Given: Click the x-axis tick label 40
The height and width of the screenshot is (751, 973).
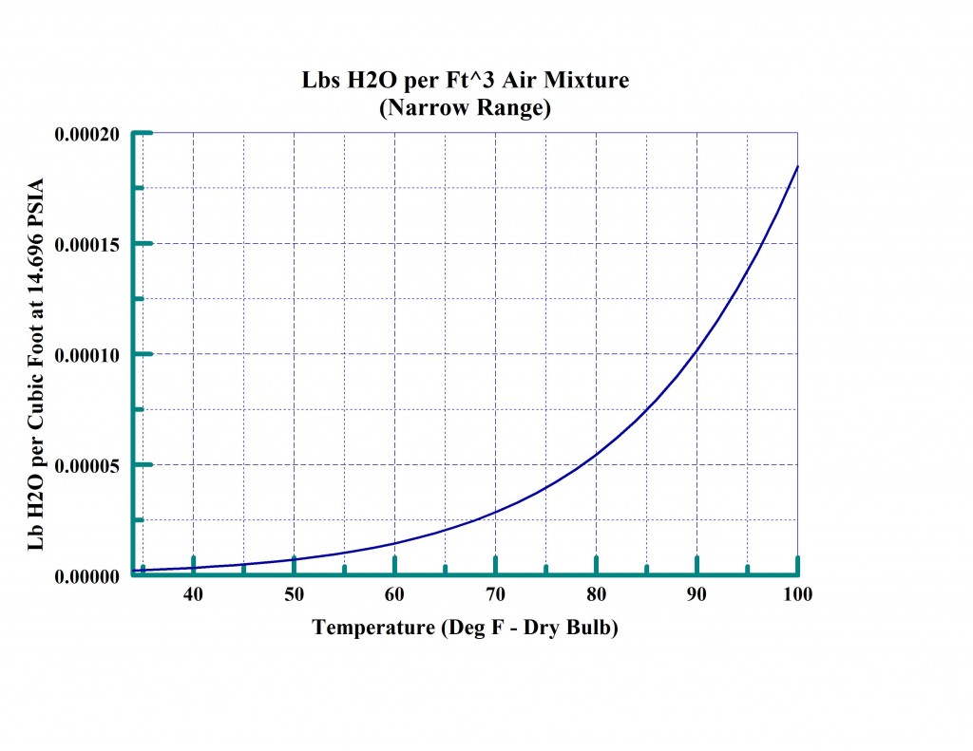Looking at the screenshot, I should [x=193, y=594].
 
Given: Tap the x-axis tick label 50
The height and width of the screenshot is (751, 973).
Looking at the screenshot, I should [x=294, y=594].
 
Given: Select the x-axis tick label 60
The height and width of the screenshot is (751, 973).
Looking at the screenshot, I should [x=394, y=594].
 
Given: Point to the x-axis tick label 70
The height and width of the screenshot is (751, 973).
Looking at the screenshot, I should [x=495, y=594].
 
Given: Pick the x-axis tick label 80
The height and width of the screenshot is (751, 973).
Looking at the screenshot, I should [x=596, y=594].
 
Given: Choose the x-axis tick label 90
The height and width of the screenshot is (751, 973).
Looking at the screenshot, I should [x=696, y=594].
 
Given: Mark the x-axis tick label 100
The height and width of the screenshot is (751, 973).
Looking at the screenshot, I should [x=796, y=594].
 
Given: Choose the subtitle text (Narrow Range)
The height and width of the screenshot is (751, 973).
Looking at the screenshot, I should [x=466, y=108].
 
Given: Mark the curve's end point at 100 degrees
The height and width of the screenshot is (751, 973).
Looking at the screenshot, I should [x=797, y=166].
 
